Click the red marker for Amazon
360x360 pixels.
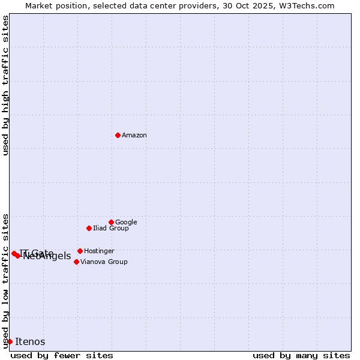(118, 135)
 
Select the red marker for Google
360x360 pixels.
(111, 222)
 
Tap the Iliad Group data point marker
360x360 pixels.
(89, 228)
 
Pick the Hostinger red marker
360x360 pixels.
(80, 251)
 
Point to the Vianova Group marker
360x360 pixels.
(76, 262)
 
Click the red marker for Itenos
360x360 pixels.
(10, 341)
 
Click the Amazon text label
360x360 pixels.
(134, 136)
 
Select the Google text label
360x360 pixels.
(126, 222)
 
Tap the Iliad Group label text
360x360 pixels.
(111, 228)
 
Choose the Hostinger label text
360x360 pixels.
(99, 251)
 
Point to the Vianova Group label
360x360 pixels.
(104, 262)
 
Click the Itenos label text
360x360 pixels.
(30, 342)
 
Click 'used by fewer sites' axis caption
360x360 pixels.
(62, 355)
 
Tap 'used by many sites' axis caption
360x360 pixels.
(301, 355)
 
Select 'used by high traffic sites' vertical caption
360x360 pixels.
(5, 85)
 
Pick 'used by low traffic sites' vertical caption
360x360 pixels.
(5, 280)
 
